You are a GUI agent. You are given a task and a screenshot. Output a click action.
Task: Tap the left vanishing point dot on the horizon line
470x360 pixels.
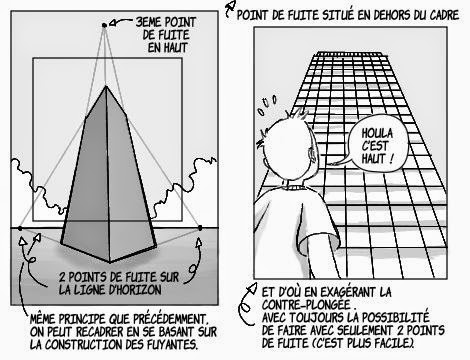click(17, 229)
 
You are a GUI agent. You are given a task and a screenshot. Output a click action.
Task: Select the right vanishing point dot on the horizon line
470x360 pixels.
click(201, 229)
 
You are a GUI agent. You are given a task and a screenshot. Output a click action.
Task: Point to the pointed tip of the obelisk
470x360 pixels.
click(108, 87)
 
